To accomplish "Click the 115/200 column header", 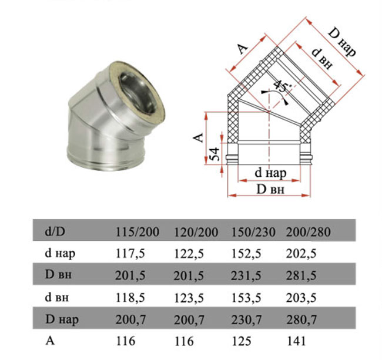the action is [x=137, y=232].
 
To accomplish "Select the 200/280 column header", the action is [x=308, y=232].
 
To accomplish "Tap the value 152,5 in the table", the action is [x=246, y=254].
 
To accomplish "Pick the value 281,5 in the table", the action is [x=301, y=275].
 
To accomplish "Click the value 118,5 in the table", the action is [x=130, y=297].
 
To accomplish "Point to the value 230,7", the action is [x=246, y=319].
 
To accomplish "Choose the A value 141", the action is [x=296, y=341].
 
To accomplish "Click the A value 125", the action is [x=241, y=341].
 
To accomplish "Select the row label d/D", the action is [x=55, y=231].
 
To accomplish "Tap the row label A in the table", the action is [x=50, y=341].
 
